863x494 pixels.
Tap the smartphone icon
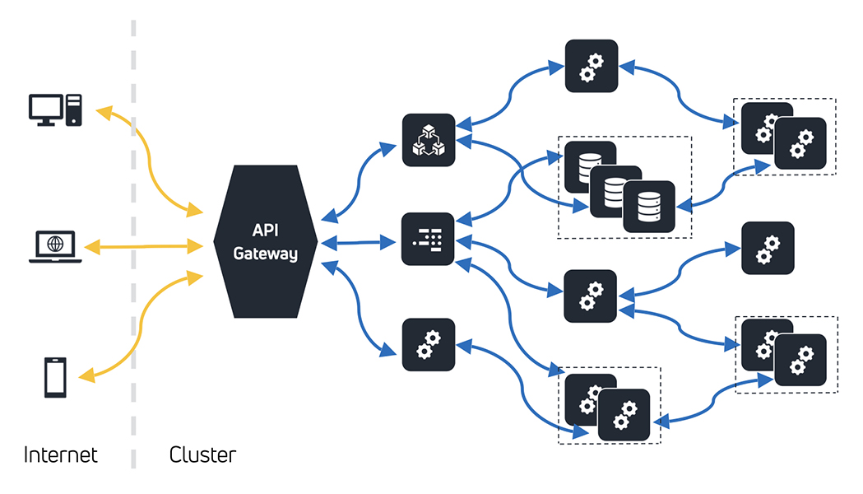click(55, 378)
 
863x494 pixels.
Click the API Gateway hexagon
click(265, 242)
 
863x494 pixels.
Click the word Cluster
click(202, 455)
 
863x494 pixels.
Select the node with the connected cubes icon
click(428, 140)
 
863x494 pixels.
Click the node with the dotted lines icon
click(428, 240)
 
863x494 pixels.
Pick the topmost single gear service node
click(591, 66)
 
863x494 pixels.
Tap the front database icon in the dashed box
click(650, 207)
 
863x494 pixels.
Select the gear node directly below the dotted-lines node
click(428, 344)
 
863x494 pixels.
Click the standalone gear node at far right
click(768, 248)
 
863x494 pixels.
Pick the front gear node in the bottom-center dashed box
click(624, 415)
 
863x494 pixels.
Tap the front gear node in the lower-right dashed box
click(800, 361)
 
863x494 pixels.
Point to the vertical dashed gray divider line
click(133, 247)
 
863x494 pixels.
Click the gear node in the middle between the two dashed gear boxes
click(591, 296)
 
